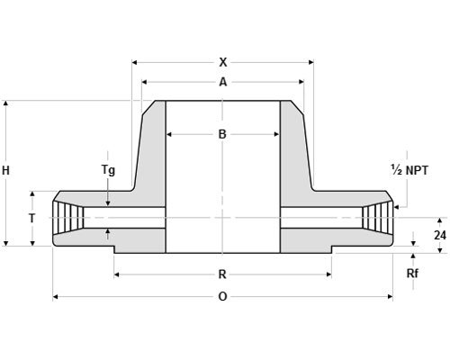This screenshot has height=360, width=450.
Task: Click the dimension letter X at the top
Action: click(223, 62)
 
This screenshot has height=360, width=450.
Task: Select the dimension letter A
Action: click(223, 82)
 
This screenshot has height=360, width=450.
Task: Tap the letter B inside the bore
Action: click(222, 134)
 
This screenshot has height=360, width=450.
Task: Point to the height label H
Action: click(5, 171)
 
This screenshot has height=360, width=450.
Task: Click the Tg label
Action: click(108, 170)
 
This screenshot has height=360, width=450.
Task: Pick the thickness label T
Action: click(32, 219)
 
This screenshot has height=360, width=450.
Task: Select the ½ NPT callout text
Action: click(409, 170)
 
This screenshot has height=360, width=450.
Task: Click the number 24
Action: click(440, 236)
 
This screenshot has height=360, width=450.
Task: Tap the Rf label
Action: click(412, 274)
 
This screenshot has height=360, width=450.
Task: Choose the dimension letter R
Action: click(222, 274)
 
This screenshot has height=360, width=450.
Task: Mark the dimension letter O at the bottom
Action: click(222, 297)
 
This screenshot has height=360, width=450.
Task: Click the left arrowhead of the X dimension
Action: click(134, 62)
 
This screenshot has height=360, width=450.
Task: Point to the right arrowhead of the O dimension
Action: click(391, 297)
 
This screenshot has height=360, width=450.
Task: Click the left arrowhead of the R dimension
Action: click(116, 274)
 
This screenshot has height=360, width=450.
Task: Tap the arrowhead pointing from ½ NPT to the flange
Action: click(396, 207)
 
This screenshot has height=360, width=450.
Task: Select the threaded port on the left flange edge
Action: click(68, 218)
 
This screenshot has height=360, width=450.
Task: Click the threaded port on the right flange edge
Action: click(377, 218)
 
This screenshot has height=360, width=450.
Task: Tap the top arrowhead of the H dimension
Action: click(5, 103)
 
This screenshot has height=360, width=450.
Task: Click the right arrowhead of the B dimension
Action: click(277, 134)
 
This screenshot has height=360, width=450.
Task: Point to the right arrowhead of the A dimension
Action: click(301, 82)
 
